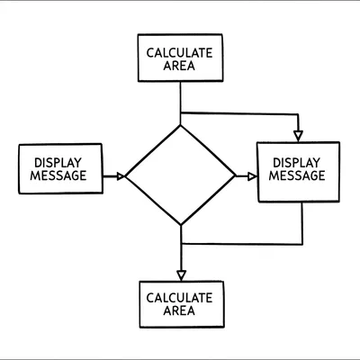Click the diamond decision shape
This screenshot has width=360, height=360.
[180, 175]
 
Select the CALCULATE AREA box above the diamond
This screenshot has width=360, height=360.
[180, 59]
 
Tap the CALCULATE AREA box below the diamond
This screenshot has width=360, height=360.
[180, 304]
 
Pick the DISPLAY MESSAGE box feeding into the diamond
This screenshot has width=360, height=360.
[59, 168]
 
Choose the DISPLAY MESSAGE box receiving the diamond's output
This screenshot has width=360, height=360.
[299, 170]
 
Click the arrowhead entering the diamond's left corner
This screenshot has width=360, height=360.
[120, 176]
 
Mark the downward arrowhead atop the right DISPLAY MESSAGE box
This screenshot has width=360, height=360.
[298, 136]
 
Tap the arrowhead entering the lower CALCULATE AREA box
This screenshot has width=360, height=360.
[181, 274]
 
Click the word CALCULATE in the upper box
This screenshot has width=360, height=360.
[180, 52]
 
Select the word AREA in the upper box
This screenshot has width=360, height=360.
[180, 67]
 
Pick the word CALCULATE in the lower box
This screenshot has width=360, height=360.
[180, 297]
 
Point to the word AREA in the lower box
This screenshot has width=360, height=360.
[180, 311]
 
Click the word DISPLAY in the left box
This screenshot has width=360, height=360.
[59, 162]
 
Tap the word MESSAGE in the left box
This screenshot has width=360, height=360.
[59, 175]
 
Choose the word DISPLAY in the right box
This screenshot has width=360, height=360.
[299, 163]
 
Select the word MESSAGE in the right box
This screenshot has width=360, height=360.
[299, 177]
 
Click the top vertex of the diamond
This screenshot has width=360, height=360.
[181, 126]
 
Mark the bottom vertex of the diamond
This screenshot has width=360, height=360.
[181, 225]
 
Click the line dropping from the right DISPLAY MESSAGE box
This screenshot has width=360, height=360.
[302, 222]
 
